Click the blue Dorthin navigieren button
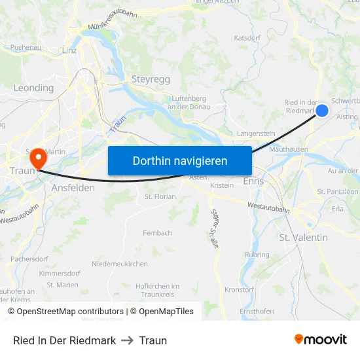coord(179,160)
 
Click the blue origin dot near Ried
coord(322,111)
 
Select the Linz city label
coord(69,50)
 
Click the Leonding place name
coord(33,88)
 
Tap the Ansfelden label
coord(73,187)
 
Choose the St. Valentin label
coord(303,238)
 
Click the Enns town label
coord(253,181)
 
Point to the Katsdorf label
coord(247,38)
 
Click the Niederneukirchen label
coord(120,263)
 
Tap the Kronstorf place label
coord(239,289)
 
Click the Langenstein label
coord(256,134)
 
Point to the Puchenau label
coord(26,48)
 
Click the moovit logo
coord(320,340)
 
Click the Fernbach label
coord(158,233)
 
